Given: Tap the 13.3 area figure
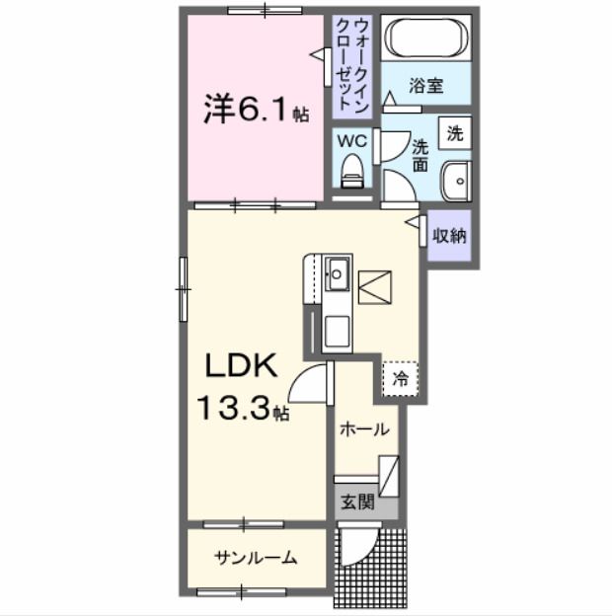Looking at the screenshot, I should click(x=238, y=407).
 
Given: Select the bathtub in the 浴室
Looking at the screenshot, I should click(x=426, y=38).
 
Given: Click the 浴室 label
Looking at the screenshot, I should click(x=426, y=86).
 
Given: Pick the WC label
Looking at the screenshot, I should click(x=352, y=141).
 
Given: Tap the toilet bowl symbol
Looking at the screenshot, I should click(x=350, y=175).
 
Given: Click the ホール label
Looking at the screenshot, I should click(x=364, y=429).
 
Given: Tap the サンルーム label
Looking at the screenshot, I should click(x=256, y=559).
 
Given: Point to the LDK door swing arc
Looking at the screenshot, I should click(x=314, y=380).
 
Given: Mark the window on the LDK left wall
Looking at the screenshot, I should click(x=183, y=287).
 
